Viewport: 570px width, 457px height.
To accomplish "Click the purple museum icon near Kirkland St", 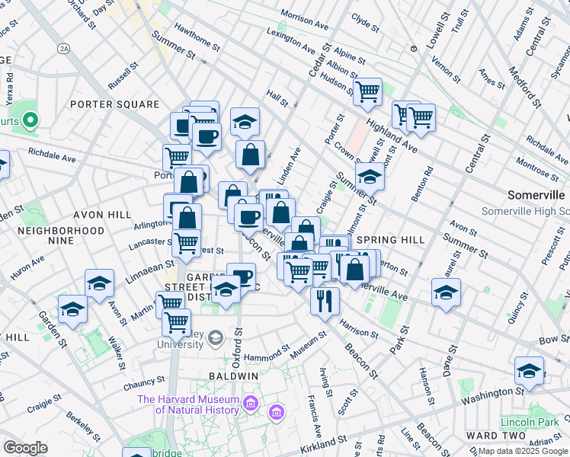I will click(277, 414).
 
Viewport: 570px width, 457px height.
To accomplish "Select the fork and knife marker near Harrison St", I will click(325, 300).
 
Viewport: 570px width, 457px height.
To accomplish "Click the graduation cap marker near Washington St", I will click(529, 370).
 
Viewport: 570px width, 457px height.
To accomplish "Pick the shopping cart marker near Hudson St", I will click(367, 91).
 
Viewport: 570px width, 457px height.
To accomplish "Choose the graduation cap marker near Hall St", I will click(245, 120).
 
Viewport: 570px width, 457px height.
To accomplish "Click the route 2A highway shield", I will click(64, 48).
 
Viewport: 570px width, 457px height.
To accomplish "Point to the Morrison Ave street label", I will click(303, 15).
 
